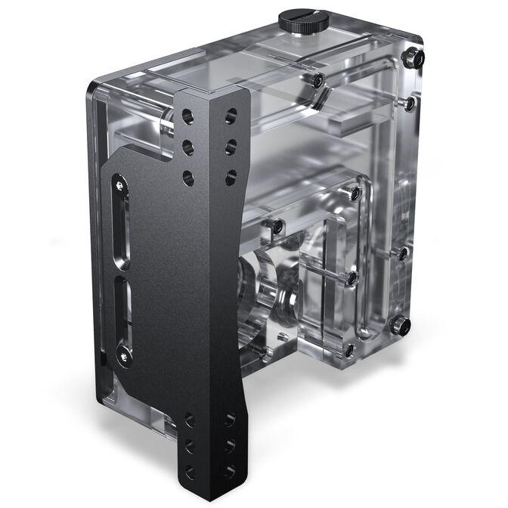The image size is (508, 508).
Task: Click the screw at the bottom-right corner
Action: point(402,327)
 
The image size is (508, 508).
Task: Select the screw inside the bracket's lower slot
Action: point(121,351)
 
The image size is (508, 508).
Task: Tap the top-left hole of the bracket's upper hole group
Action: point(187,117)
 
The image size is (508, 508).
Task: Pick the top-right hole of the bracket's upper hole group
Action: point(231,116)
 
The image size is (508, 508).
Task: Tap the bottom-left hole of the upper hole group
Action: point(187,178)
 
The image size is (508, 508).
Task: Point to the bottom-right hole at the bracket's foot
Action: point(230,469)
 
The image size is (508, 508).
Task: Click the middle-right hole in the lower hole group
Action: point(230,444)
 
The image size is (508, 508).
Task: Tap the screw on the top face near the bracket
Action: point(318,79)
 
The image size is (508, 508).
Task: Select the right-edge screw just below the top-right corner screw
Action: point(410,103)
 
